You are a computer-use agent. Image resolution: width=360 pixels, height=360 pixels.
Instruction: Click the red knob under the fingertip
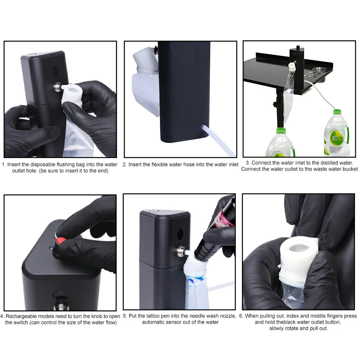point(60,241)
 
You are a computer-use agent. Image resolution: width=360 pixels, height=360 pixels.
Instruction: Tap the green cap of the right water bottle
point(337,112)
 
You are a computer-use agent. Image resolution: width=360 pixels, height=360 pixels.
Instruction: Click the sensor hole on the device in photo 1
point(55,72)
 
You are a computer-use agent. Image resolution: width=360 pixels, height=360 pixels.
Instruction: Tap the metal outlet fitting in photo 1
point(58,87)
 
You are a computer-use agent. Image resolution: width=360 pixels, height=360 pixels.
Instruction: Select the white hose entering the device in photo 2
point(218,140)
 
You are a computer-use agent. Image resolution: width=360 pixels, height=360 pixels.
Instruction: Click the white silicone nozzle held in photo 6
point(298,258)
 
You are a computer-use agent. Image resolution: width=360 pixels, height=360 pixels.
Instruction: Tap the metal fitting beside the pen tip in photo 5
point(181,252)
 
